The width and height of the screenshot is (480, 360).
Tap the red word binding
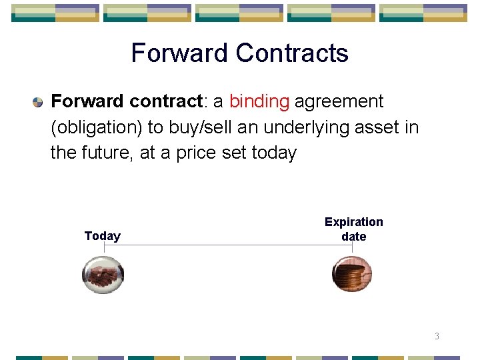[259, 102]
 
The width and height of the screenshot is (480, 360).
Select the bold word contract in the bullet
[166, 102]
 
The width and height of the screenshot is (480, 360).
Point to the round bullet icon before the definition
[38, 103]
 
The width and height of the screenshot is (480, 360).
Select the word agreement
[339, 102]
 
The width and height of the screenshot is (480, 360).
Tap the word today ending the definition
[274, 153]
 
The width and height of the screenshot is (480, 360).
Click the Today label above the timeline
[103, 236]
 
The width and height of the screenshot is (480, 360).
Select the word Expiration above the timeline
[354, 222]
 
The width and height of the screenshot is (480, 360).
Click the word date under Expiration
[354, 237]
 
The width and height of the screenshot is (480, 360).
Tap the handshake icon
[103, 274]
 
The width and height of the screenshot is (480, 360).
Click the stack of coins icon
[352, 274]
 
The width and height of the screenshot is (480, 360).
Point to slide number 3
[437, 336]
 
